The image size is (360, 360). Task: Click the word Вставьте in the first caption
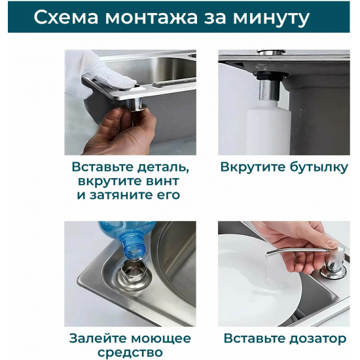coord(102,166)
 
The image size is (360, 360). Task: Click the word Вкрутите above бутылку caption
coord(253,167)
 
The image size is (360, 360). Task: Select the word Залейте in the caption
coord(99,338)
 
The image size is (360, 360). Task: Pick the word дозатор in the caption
coord(315,338)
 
